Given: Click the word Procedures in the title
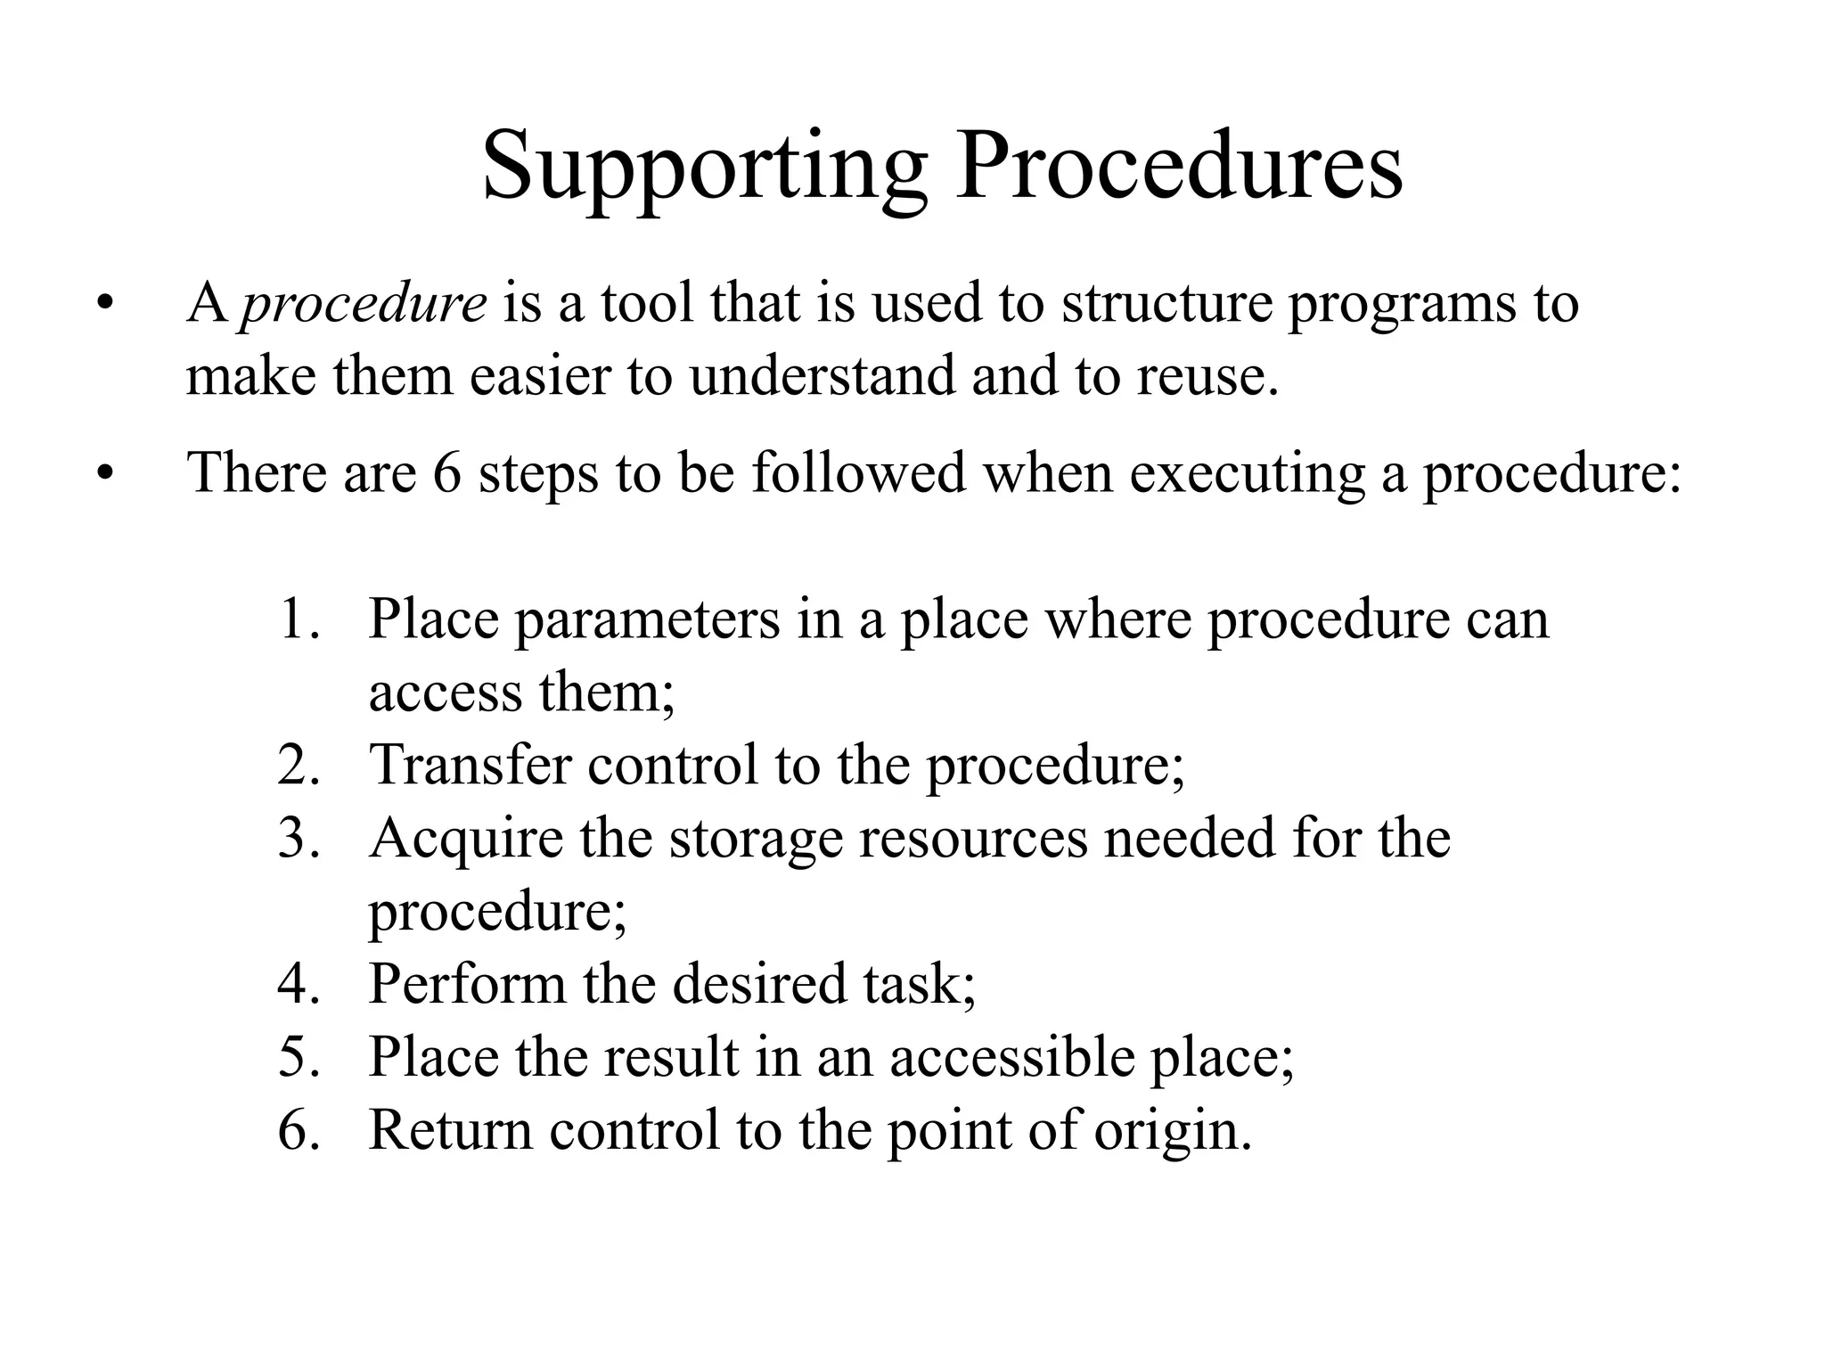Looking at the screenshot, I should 1178,166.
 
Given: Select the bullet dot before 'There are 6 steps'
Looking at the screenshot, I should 106,473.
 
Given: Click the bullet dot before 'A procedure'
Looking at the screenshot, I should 106,304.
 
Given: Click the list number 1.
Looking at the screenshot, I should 298,619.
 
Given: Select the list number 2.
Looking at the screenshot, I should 298,765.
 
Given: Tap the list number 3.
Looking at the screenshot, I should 298,838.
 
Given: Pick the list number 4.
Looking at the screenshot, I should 298,984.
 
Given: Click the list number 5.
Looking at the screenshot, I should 298,1057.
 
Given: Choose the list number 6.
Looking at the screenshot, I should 298,1130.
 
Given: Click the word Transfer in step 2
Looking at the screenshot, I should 470,765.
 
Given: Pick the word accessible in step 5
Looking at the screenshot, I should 1012,1057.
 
